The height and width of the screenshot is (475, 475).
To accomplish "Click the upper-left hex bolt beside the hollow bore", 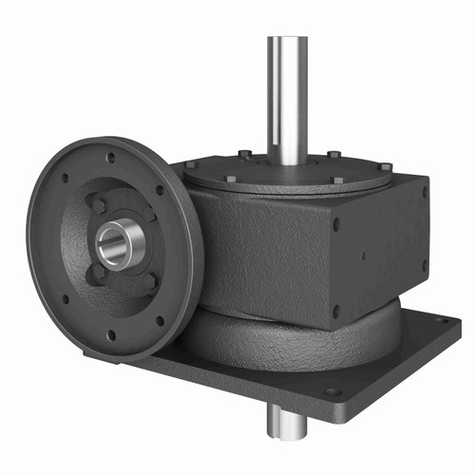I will [98, 204].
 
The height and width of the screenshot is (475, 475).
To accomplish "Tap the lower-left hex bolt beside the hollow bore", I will [97, 273].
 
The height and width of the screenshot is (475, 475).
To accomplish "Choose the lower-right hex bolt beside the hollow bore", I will [149, 281].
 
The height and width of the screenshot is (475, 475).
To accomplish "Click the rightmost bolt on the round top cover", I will [386, 168].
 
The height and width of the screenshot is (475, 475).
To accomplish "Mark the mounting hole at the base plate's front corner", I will [332, 391].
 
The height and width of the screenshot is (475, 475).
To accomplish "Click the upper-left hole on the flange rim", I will [65, 178].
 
